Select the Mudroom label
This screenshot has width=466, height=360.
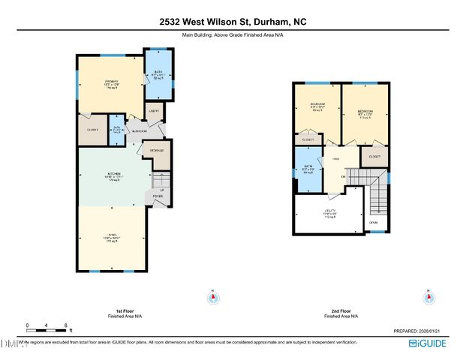coord(140,130)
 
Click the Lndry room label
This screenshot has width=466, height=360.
coord(152,111)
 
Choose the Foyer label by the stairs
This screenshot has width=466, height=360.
coord(158,196)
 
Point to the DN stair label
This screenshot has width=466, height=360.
coord(343,177)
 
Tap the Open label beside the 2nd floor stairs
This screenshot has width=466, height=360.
coord(374,223)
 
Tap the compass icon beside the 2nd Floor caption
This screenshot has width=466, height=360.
coord(428,297)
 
